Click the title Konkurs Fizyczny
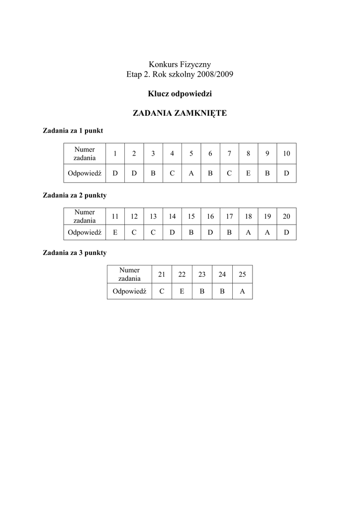click(180, 64)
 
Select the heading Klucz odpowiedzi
click(180, 93)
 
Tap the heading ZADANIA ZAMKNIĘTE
click(180, 113)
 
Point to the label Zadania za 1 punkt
click(73, 131)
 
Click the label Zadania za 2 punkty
click(75, 195)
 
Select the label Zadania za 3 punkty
click(75, 253)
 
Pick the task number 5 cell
click(191, 154)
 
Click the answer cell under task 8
click(248, 173)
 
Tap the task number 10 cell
click(286, 154)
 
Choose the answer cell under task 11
click(115, 232)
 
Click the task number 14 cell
click(172, 216)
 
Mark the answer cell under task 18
click(248, 232)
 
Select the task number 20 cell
click(286, 216)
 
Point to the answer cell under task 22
click(182, 292)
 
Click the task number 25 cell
click(242, 274)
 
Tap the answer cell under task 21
click(162, 292)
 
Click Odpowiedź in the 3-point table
click(129, 292)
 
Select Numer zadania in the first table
click(85, 154)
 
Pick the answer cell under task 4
click(172, 173)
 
